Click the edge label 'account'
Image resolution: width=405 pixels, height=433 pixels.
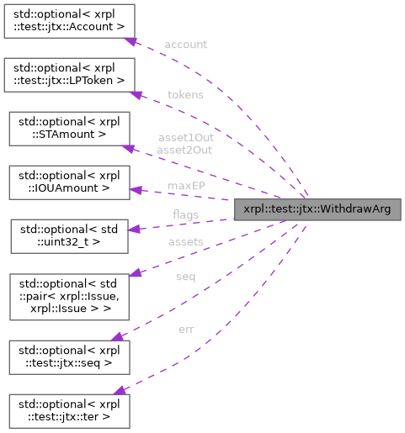pyautogui.click(x=186, y=45)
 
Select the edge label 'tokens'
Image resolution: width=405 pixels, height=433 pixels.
pyautogui.click(x=184, y=95)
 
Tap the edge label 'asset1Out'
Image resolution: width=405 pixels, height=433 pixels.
pyautogui.click(x=184, y=137)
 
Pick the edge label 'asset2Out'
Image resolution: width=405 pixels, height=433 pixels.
pyautogui.click(x=184, y=149)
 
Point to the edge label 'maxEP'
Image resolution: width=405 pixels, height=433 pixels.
pyautogui.click(x=186, y=185)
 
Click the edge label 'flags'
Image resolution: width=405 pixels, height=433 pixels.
pyautogui.click(x=185, y=215)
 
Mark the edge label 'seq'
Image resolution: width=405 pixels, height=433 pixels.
pyautogui.click(x=185, y=277)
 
